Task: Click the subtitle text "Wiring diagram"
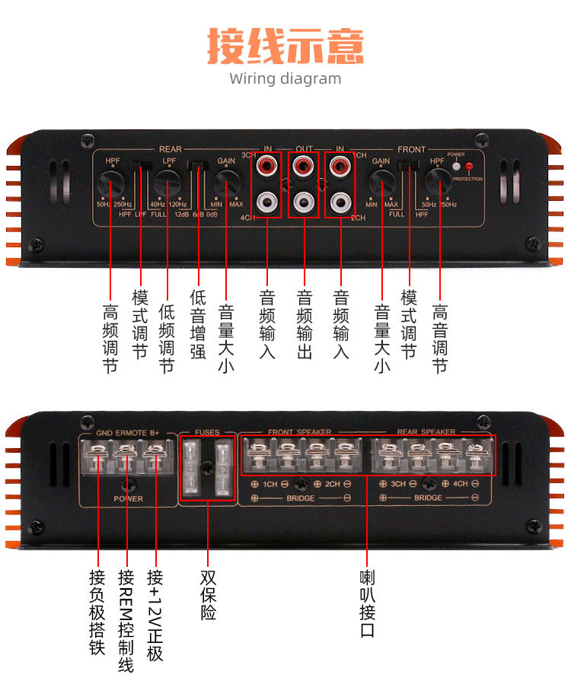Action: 285,78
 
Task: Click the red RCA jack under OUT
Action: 303,164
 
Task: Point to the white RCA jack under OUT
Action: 303,202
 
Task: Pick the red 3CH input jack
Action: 266,164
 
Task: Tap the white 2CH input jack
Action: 340,202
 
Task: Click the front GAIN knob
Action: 381,183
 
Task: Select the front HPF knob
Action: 438,181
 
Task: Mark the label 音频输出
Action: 304,324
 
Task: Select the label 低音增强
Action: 197,324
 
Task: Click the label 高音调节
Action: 439,338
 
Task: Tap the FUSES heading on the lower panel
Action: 207,432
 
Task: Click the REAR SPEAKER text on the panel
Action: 426,432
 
